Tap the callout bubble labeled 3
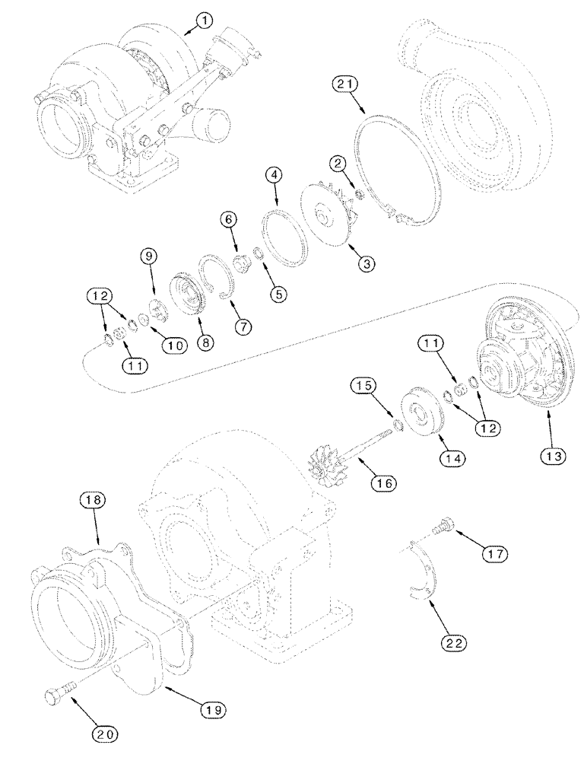pyautogui.click(x=367, y=264)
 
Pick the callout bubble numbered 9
pyautogui.click(x=150, y=257)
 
